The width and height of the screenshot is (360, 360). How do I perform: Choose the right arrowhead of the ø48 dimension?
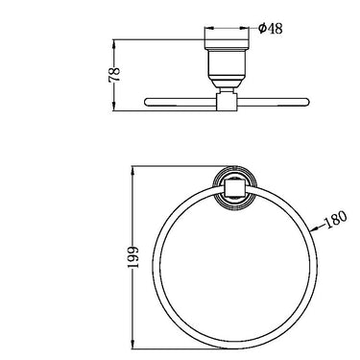(x=251, y=28)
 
